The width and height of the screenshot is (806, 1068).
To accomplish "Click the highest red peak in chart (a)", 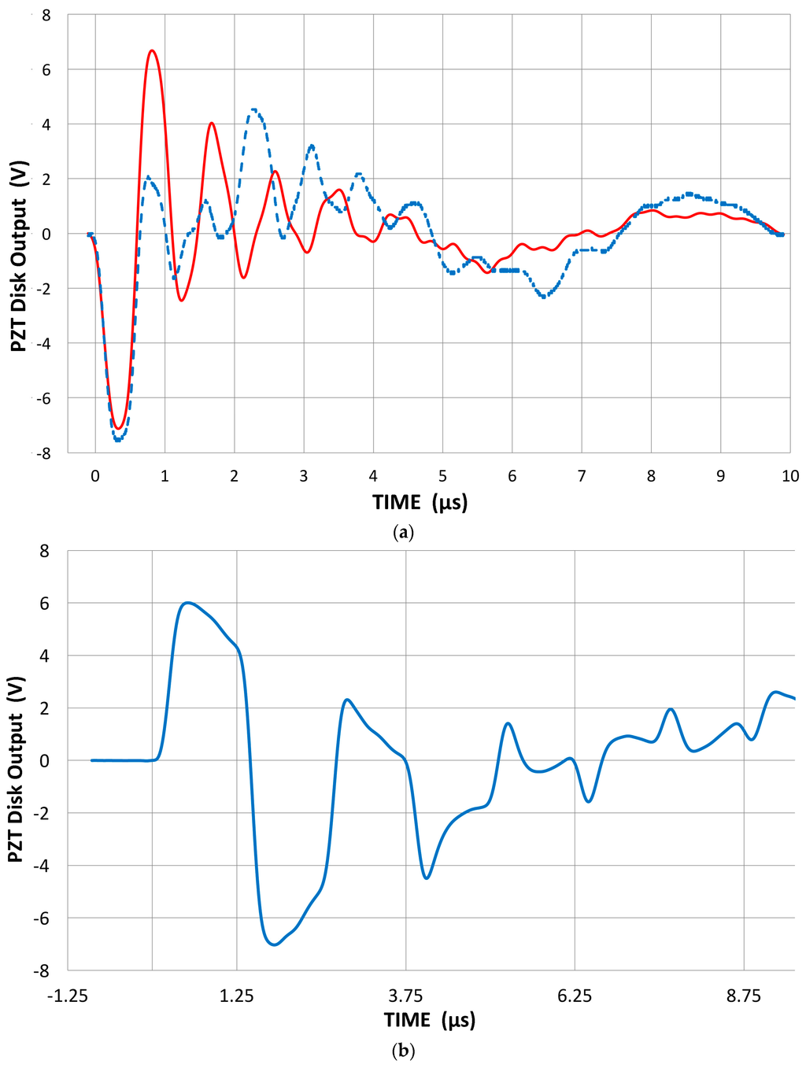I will pos(152,51).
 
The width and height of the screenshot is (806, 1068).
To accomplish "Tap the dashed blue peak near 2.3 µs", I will pos(253,110).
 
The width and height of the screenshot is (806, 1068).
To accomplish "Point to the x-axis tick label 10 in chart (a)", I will pos(789,476).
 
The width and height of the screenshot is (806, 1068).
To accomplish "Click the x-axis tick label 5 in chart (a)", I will pos(442,476).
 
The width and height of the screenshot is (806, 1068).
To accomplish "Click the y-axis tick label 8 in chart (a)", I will pos(46,15).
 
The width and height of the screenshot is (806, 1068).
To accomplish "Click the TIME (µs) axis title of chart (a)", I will pos(420,502).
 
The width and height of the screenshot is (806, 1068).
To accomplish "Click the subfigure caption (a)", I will pos(403,533).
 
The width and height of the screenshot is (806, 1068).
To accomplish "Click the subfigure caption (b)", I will pos(403,1050).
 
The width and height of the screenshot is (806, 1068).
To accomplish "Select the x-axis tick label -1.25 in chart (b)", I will pos(68,996).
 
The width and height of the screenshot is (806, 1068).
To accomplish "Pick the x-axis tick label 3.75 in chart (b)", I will pos(406,996).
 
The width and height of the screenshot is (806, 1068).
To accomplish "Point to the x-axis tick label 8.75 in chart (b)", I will pos(744,996).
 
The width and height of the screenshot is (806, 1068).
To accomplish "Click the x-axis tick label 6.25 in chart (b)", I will pos(575,996).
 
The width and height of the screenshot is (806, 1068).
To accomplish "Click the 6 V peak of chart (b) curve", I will pos(187,603).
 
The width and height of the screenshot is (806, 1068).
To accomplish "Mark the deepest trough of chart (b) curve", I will pos(273,944).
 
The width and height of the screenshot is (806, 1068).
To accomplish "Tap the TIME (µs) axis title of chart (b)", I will pos(430,1020).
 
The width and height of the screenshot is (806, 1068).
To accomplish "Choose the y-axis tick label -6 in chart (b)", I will pos(43,918).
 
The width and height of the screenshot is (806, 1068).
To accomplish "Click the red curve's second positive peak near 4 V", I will pos(212,124).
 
